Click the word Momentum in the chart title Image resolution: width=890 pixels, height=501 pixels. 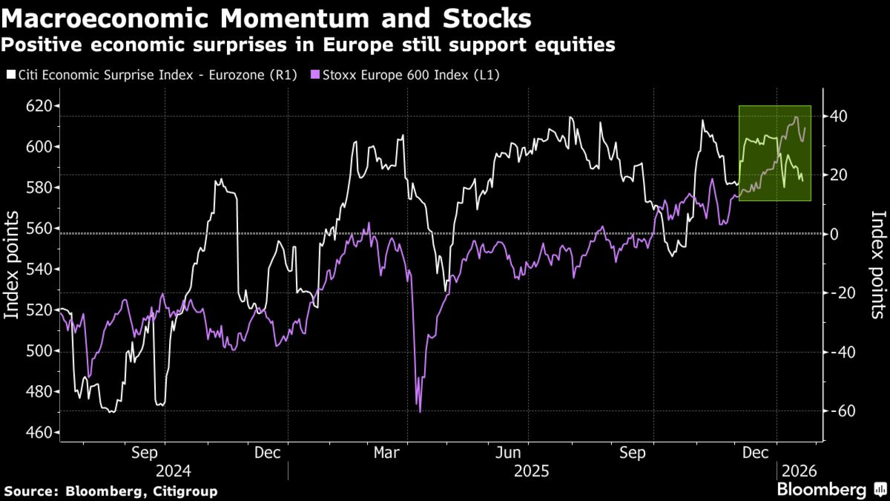point(295,19)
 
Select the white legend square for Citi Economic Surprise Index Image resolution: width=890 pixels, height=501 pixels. point(11,74)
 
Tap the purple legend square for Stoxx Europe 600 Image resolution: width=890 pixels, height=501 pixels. point(315,74)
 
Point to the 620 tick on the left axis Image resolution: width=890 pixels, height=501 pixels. point(39,106)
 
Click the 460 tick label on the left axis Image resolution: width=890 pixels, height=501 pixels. point(39,432)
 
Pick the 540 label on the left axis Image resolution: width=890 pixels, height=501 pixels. point(39,269)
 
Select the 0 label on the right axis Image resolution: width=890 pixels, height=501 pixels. point(834,234)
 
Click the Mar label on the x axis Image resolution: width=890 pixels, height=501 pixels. point(386,453)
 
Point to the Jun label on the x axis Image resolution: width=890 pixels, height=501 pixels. point(508,453)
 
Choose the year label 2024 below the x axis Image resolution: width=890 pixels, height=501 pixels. point(173,471)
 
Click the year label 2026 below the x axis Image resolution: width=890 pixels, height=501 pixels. point(799,471)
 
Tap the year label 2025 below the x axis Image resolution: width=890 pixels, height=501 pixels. point(531,471)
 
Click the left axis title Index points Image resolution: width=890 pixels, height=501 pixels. point(12,265)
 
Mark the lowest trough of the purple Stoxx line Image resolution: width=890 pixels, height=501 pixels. point(420,411)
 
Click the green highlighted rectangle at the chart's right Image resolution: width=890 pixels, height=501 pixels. point(775,153)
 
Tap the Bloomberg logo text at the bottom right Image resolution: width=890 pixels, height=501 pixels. point(821,490)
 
